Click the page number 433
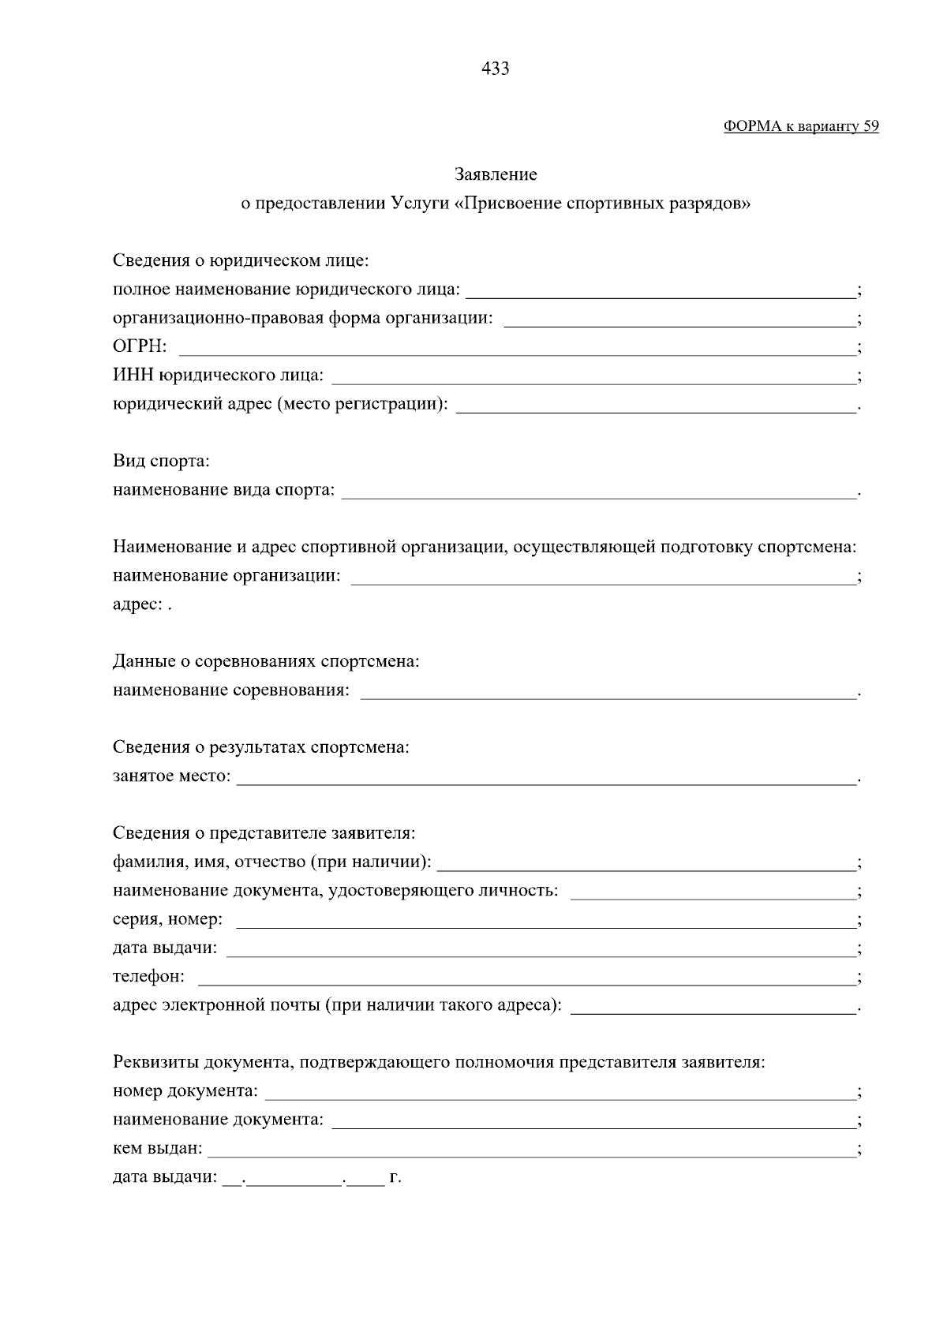pos(495,69)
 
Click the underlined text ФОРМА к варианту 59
pos(800,126)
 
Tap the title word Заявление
pos(496,174)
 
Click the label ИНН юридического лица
pos(218,376)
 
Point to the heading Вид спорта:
pos(161,461)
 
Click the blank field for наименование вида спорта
pos(599,493)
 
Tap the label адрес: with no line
pos(137,604)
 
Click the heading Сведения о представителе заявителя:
pos(264,833)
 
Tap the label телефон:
pos(148,977)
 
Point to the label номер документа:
pos(185,1091)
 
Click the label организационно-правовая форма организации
pos(302,318)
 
